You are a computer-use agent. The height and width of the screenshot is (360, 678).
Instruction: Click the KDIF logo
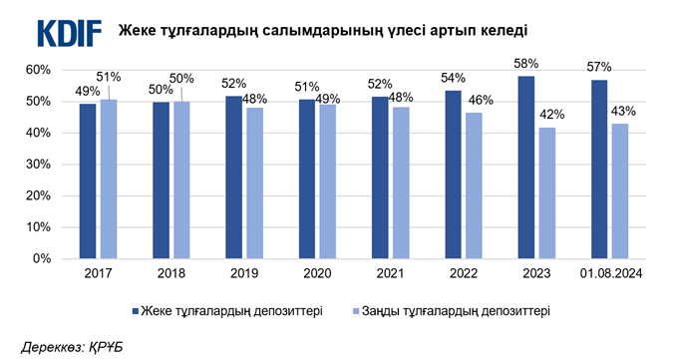(x=70, y=32)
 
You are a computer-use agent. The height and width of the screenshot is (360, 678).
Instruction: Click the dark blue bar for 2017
(x=88, y=181)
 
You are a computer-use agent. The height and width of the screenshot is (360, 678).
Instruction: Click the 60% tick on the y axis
(x=37, y=70)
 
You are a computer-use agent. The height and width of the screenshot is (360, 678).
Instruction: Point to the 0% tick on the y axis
(x=41, y=258)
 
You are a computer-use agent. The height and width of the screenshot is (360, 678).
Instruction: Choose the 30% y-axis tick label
(x=37, y=165)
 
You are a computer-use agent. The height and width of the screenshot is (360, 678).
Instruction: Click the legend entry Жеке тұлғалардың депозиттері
(x=229, y=310)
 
